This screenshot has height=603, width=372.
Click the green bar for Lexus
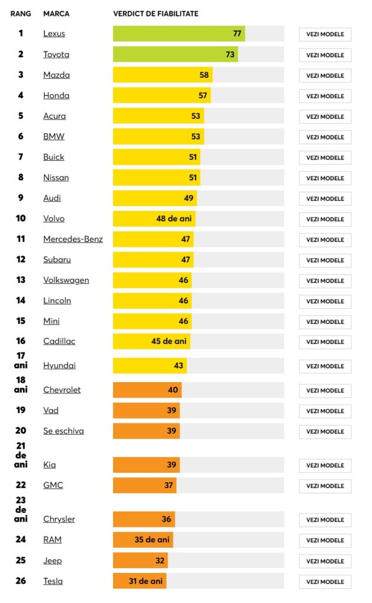point(178,34)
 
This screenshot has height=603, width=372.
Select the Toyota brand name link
point(56,55)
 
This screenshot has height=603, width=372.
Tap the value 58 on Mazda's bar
point(204,75)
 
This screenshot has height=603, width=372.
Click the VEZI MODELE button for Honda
point(325,96)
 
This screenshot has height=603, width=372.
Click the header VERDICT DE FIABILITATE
point(155,14)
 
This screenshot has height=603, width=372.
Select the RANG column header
point(21,14)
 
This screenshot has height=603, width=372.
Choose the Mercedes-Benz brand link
point(72,239)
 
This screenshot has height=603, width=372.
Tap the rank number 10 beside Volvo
point(21,218)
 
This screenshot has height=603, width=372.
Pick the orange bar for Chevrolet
point(147,390)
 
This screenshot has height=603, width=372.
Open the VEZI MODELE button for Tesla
point(325,582)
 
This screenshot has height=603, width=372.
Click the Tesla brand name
point(53,581)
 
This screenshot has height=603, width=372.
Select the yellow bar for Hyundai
point(150,366)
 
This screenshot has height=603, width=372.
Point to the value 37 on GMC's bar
point(169,485)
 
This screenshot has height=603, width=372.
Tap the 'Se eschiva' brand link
point(64,431)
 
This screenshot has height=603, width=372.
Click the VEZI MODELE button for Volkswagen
point(325,281)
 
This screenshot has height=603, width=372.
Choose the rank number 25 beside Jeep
point(21,561)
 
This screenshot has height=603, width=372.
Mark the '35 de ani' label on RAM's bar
point(152,540)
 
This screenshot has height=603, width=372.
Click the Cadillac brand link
point(59,342)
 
